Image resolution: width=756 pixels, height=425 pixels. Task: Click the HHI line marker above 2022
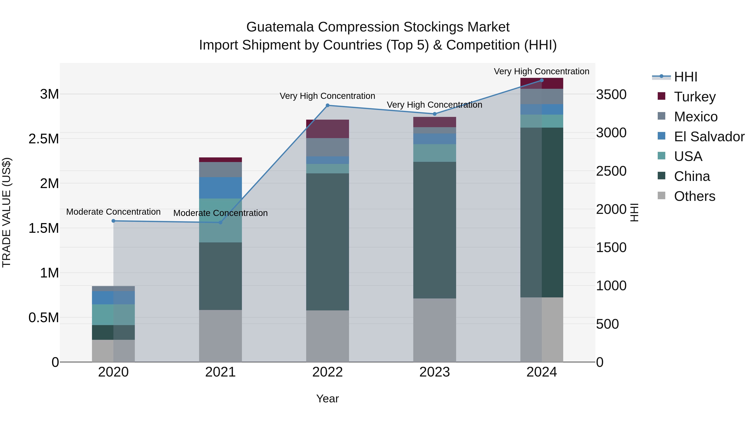tap(328, 105)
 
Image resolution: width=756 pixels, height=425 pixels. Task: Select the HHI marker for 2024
tap(542, 80)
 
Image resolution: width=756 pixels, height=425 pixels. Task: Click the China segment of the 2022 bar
tap(328, 242)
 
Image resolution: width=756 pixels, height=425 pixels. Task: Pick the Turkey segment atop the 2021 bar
tap(220, 160)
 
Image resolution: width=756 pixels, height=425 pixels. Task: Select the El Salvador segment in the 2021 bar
tap(220, 188)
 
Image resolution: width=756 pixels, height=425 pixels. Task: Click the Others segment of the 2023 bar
tap(435, 330)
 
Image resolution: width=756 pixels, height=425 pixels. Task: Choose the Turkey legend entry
tap(695, 97)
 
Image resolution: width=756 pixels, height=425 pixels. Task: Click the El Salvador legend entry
tap(709, 137)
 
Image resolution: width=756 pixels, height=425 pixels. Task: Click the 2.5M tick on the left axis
tap(44, 139)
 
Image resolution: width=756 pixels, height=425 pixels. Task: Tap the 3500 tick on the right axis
tap(611, 94)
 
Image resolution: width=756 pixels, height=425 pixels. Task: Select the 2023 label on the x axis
tap(435, 372)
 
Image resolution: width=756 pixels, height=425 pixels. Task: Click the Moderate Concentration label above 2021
tap(220, 213)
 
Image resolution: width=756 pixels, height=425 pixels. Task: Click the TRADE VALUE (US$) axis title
tap(7, 212)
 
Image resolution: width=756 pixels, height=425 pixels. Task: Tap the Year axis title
tap(328, 399)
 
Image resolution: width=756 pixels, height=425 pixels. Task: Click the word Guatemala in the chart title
tap(280, 27)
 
